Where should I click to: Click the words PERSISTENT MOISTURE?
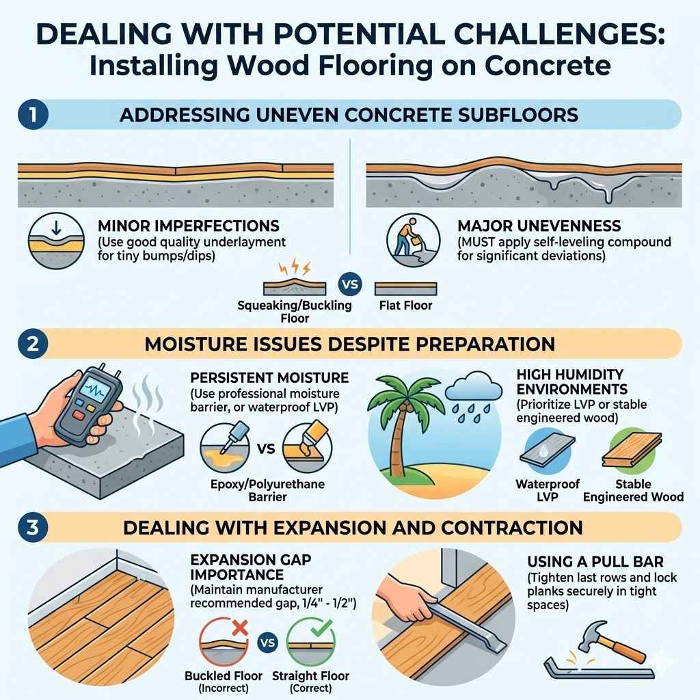tap(270, 377)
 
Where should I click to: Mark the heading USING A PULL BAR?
tap(594, 562)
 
